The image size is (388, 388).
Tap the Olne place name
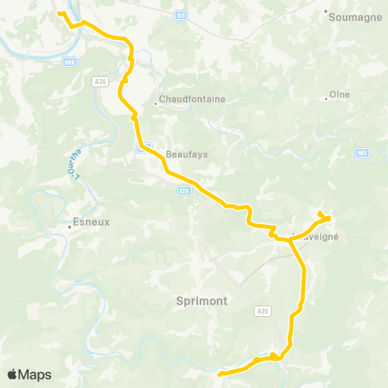tap(340, 94)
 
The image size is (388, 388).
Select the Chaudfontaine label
tap(192, 99)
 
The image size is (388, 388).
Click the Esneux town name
tap(91, 220)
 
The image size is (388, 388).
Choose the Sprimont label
tap(201, 300)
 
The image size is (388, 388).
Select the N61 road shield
tap(361, 151)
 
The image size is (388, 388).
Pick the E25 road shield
tap(184, 190)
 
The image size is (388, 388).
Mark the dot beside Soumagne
tap(326, 12)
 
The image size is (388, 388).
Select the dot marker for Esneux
tap(70, 227)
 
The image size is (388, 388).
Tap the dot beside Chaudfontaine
tap(157, 103)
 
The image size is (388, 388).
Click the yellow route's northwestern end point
tap(59, 12)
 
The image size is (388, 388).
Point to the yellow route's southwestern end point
tap(220, 373)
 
